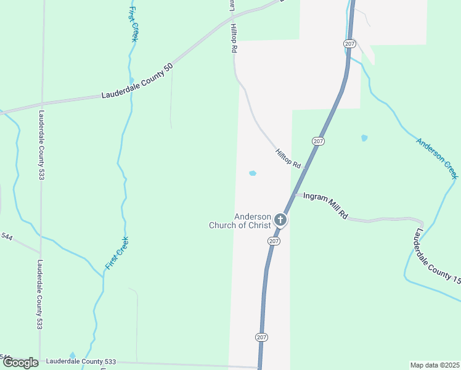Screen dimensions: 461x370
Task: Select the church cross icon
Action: click(x=280, y=220)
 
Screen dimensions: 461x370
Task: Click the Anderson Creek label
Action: click(x=438, y=158)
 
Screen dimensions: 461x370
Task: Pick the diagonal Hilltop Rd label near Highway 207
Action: click(x=288, y=159)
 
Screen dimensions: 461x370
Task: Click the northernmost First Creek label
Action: click(x=133, y=24)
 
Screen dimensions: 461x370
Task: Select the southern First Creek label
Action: click(x=116, y=253)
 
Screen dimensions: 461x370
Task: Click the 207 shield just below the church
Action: click(x=274, y=241)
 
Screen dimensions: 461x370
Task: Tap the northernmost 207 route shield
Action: click(x=349, y=43)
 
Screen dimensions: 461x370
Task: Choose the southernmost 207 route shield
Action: click(x=261, y=337)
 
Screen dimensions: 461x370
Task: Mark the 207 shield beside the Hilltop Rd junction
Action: click(x=317, y=141)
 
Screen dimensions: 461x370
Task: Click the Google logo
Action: click(x=20, y=363)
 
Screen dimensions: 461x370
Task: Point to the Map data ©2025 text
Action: click(x=434, y=365)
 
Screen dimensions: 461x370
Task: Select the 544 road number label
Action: click(x=7, y=236)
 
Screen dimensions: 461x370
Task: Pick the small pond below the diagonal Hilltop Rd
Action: click(x=252, y=173)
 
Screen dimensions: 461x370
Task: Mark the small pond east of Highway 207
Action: click(x=364, y=138)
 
